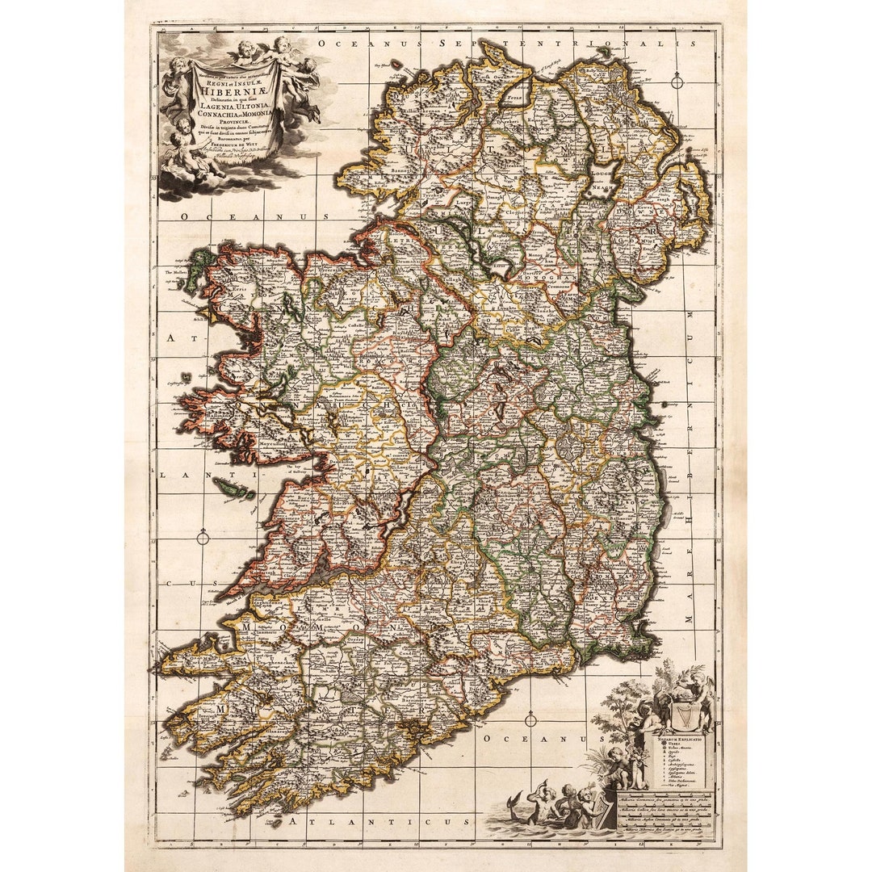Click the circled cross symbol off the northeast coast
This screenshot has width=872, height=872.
[677, 82]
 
